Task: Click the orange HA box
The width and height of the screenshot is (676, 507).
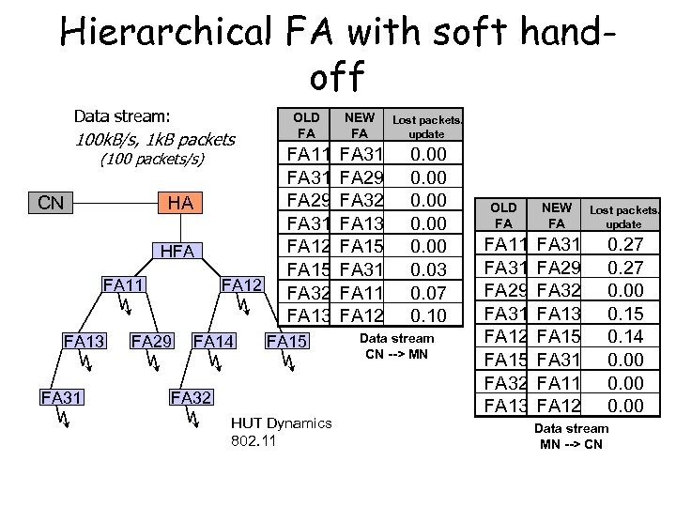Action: (x=180, y=203)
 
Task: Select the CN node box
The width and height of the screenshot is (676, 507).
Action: (x=52, y=203)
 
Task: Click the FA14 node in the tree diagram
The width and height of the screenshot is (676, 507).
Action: (x=212, y=339)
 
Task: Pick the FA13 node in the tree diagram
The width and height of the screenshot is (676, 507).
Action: (x=83, y=339)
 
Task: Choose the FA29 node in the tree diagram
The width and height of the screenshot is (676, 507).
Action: (x=151, y=339)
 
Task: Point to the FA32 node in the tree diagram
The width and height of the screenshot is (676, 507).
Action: (x=191, y=396)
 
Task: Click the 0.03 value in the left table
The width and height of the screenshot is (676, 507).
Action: (x=429, y=269)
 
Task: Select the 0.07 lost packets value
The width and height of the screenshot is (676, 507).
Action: (x=429, y=292)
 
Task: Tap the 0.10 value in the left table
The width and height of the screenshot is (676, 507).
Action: (x=429, y=315)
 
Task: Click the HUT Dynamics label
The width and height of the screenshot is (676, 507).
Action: (x=281, y=423)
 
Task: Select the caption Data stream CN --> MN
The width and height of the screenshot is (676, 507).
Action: (x=397, y=345)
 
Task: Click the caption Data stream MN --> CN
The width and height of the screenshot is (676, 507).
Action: (x=571, y=436)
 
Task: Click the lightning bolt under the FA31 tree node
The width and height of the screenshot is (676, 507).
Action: (x=59, y=417)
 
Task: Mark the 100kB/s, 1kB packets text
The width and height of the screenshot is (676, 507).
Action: (x=154, y=139)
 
